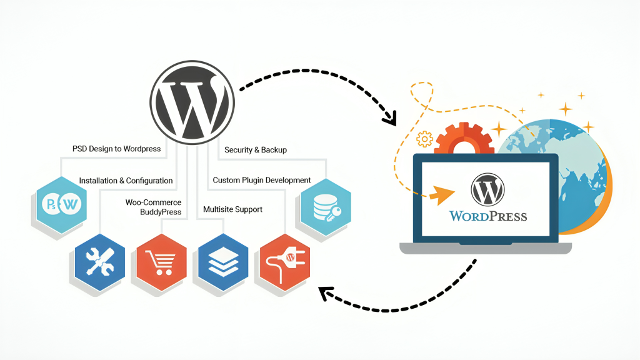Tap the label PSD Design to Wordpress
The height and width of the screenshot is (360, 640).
(x=116, y=149)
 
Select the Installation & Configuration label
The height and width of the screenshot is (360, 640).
(x=126, y=181)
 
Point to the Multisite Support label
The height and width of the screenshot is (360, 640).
(x=232, y=209)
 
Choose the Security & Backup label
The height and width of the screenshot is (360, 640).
(x=256, y=150)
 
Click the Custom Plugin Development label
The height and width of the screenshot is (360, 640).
(x=262, y=180)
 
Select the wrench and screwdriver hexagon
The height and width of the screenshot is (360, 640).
(x=100, y=261)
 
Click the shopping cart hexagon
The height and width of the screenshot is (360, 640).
(x=160, y=261)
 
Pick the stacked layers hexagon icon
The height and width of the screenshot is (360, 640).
(x=219, y=261)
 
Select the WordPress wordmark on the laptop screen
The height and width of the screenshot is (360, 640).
(x=488, y=216)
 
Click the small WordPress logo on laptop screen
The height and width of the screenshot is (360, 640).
(x=487, y=189)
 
